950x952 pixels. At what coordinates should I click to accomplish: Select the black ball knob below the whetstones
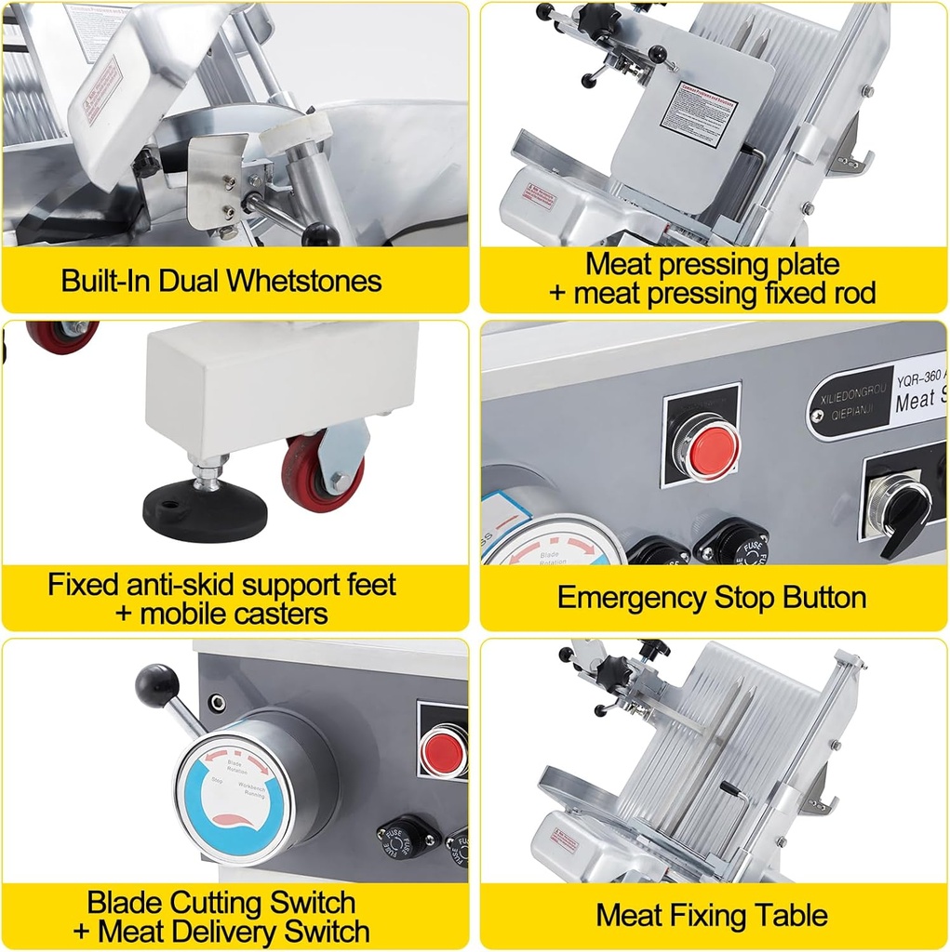point(319,234)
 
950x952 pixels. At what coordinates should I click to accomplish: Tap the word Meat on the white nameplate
point(914,403)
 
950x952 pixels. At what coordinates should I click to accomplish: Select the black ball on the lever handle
point(156,685)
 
